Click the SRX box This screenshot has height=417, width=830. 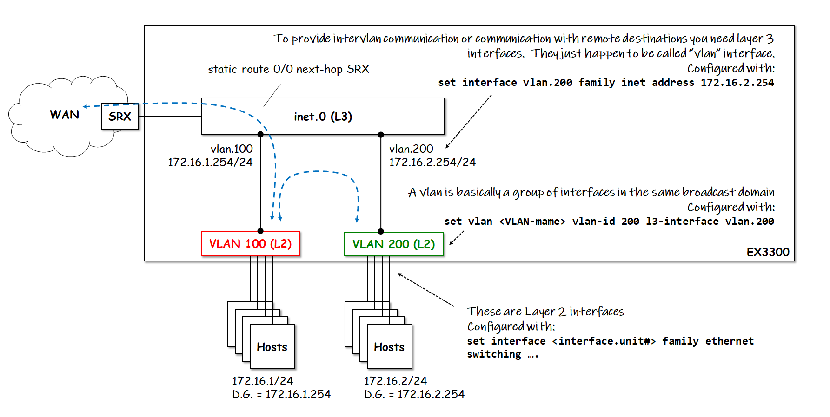(x=120, y=116)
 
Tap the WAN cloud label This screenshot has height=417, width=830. (x=64, y=115)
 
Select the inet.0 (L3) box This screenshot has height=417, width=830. (x=323, y=116)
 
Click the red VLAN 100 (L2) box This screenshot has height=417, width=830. (x=250, y=244)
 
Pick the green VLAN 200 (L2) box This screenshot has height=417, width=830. (x=393, y=244)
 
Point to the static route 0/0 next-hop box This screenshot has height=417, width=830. (x=289, y=69)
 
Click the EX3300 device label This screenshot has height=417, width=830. (x=768, y=252)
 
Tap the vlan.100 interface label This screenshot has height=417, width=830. (x=232, y=149)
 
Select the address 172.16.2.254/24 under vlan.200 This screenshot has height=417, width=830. (x=432, y=163)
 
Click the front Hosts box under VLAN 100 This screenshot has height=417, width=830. (x=272, y=346)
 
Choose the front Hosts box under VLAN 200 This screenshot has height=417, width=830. (x=389, y=346)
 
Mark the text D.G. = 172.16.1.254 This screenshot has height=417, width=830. (x=281, y=395)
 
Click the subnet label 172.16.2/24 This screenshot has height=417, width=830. (x=395, y=381)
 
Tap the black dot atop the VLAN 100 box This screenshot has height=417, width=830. (x=260, y=231)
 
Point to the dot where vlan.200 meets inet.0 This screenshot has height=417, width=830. (x=381, y=135)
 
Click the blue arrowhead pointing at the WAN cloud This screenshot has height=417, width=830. (x=86, y=106)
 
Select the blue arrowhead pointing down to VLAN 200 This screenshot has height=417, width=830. (x=357, y=219)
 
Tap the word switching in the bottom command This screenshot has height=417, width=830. (x=494, y=354)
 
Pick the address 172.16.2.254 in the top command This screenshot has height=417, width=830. (x=737, y=83)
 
